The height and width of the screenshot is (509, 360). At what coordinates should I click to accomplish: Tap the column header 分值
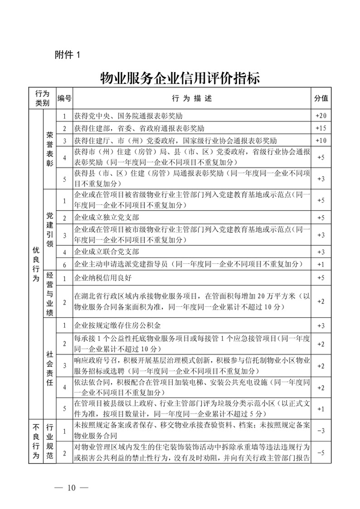click(x=321, y=98)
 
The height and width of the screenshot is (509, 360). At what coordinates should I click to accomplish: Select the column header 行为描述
click(x=191, y=98)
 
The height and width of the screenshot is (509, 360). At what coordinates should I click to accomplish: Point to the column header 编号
click(x=64, y=98)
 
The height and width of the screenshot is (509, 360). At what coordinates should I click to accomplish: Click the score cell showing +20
click(x=321, y=116)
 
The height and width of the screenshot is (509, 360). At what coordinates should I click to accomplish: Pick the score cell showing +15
click(x=321, y=128)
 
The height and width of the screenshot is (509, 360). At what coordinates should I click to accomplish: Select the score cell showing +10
click(x=321, y=140)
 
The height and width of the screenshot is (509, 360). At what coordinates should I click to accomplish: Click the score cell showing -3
click(x=321, y=431)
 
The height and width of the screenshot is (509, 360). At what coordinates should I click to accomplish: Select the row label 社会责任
click(x=49, y=367)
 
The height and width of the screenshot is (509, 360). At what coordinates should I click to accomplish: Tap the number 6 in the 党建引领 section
click(x=64, y=263)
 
